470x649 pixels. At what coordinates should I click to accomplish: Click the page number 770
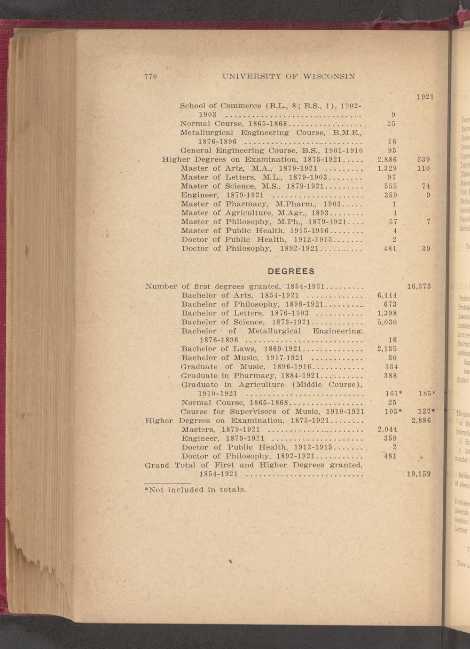[x=150, y=77]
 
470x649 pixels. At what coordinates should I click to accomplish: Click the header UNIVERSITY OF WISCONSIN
[x=288, y=77]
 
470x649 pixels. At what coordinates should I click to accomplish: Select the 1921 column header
[x=424, y=97]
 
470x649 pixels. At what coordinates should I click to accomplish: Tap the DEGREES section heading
[x=291, y=271]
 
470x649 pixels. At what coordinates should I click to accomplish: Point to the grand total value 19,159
[x=418, y=474]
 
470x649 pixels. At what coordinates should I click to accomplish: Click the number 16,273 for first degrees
[x=418, y=286]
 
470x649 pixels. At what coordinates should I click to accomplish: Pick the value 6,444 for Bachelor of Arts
[x=387, y=295]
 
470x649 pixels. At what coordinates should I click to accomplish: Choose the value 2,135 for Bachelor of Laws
[x=387, y=348]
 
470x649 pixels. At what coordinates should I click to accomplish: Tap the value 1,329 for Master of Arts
[x=387, y=168]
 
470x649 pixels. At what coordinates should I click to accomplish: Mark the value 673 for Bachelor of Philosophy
[x=390, y=304]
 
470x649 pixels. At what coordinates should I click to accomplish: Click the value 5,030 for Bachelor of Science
[x=387, y=322]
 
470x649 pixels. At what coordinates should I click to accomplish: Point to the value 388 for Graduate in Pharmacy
[x=390, y=376]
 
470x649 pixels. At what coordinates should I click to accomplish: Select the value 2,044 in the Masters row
[x=387, y=429]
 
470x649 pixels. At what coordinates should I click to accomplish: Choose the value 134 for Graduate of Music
[x=390, y=367]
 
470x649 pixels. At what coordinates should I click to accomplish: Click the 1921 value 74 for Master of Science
[x=426, y=186]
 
